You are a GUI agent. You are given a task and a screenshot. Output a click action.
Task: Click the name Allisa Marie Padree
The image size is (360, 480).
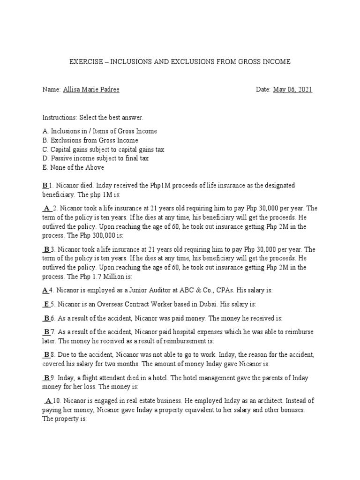(90, 90)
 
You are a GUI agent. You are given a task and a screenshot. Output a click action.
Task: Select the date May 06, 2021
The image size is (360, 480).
(292, 90)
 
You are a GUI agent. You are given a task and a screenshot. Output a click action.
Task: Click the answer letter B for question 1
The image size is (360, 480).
(45, 186)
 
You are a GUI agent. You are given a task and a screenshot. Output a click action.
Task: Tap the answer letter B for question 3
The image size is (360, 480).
(46, 249)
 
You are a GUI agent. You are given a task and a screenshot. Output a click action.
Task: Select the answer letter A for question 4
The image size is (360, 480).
(45, 290)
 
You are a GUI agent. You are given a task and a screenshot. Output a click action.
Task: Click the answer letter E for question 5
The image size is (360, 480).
(46, 304)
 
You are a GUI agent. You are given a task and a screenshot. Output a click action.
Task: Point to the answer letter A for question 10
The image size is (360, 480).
(49, 401)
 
